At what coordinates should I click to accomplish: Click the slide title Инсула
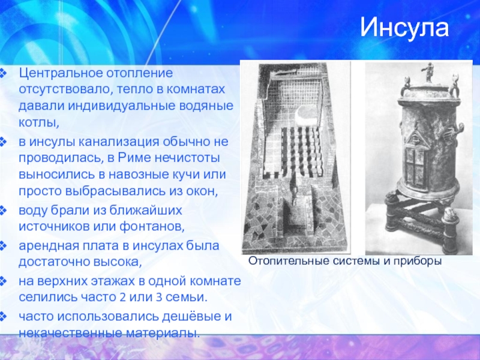point(404,28)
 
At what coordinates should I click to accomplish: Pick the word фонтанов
point(152,227)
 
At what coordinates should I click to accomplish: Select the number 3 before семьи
point(159,297)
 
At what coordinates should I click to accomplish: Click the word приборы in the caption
point(418,262)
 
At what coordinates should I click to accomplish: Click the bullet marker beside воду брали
point(2,211)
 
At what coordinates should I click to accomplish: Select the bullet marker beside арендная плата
point(2,246)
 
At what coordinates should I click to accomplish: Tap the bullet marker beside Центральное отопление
point(2,73)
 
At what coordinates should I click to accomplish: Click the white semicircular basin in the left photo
point(304,117)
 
